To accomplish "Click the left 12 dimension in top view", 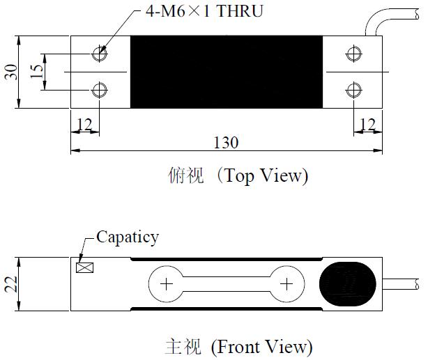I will coord(84,124).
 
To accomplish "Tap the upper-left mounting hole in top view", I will coord(100,53).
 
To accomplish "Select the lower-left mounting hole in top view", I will coord(100,89).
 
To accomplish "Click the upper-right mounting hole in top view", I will coord(353,53).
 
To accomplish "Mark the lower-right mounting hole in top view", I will coord(353,89).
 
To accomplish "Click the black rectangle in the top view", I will coord(227,72).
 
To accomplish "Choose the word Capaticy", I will coord(127,237).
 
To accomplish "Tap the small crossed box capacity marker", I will coord(86,267).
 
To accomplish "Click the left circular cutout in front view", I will coord(166,284).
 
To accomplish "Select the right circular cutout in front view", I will coord(286,284).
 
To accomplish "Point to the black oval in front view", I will coord(348,284).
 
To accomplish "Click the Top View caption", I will coord(238,175).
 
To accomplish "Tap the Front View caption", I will coord(238,345).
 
